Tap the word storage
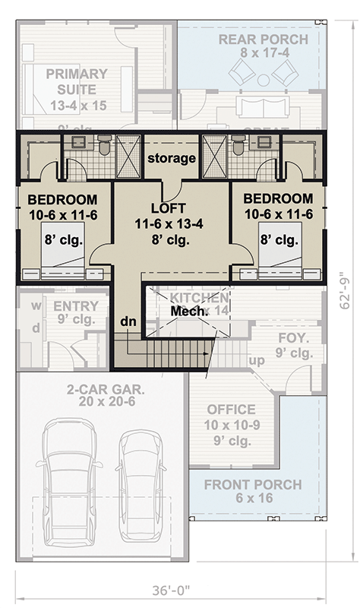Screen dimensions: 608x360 (x=172, y=158)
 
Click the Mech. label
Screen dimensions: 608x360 (x=185, y=312)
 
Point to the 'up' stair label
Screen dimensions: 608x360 (x=257, y=359)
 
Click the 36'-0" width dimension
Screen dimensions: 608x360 (x=180, y=589)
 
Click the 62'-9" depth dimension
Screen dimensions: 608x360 (x=346, y=291)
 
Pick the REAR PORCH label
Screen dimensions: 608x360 (x=263, y=40)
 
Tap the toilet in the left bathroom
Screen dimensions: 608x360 (x=105, y=144)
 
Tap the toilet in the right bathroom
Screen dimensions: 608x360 (x=238, y=144)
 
